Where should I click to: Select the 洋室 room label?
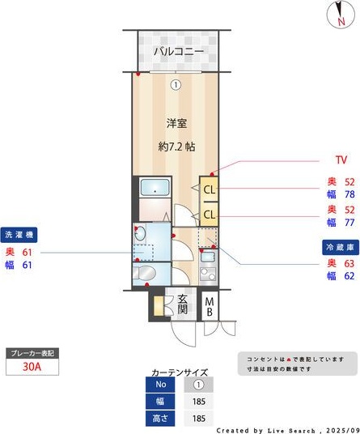[x=177, y=123]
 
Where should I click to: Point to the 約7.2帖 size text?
[x=176, y=147]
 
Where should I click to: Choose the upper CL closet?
[x=209, y=190]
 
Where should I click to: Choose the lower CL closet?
[x=209, y=215]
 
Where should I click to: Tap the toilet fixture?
[x=146, y=273]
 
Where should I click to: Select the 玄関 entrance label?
[x=183, y=304]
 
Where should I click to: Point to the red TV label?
[x=341, y=160]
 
